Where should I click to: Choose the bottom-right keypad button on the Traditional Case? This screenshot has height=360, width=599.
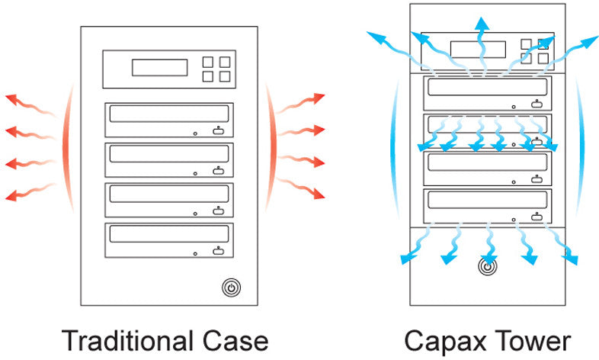coord(224,76)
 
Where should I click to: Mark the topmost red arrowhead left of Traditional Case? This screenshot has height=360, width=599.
coord(11,98)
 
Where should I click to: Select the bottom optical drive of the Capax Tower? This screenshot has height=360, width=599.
coord(488,207)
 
